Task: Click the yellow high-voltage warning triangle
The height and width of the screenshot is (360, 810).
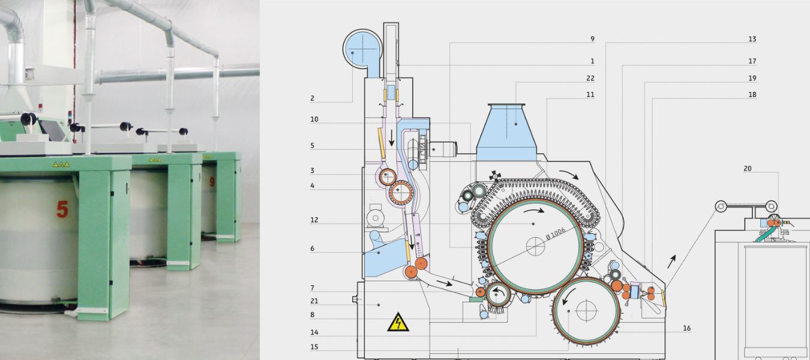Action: click(398, 323)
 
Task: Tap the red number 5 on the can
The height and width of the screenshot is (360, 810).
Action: click(62, 209)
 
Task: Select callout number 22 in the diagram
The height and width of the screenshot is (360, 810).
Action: click(591, 78)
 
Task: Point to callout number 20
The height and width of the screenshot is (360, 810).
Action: click(747, 169)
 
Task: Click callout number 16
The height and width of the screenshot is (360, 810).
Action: click(686, 328)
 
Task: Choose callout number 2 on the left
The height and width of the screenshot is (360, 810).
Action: click(313, 98)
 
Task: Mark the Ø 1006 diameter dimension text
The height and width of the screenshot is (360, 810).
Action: click(556, 236)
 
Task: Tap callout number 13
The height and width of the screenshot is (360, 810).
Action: click(752, 39)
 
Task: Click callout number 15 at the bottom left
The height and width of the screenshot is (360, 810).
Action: click(314, 347)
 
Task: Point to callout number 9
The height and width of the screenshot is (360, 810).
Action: click(592, 39)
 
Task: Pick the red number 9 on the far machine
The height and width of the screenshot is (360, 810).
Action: click(212, 179)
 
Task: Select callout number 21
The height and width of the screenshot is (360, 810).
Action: click(314, 301)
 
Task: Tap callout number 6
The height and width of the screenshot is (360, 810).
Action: click(313, 248)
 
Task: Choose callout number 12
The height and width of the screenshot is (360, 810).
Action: click(314, 220)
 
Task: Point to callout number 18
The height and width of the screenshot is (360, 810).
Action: click(752, 95)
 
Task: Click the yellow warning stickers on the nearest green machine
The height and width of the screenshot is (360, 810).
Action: click(61, 164)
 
